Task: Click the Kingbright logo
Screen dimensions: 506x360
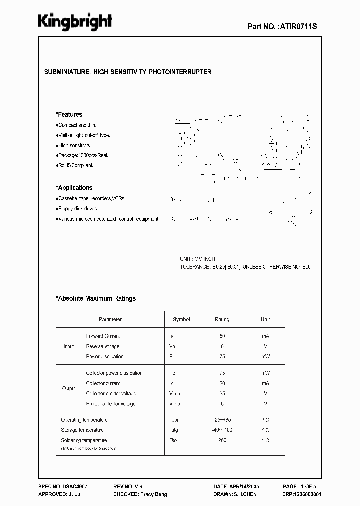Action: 75,22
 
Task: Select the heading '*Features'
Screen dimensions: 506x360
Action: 69,114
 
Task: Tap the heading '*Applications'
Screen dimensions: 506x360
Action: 74,188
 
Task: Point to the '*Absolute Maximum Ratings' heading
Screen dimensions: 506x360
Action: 95,298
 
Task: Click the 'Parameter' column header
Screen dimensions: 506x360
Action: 110,319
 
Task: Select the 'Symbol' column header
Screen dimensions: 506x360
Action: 181,319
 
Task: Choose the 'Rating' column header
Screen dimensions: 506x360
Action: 222,319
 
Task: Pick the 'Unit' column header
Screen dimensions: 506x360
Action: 265,319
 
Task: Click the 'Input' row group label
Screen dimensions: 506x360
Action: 69,346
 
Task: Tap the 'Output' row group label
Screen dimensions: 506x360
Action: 69,388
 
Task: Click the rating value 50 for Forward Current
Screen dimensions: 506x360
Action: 222,336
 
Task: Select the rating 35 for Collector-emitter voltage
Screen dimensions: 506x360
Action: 222,393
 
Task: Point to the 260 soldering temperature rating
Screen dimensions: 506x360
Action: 222,440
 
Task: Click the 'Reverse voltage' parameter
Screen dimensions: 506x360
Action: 103,346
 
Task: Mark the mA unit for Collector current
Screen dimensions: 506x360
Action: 265,383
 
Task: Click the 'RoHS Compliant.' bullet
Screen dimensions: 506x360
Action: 76,165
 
